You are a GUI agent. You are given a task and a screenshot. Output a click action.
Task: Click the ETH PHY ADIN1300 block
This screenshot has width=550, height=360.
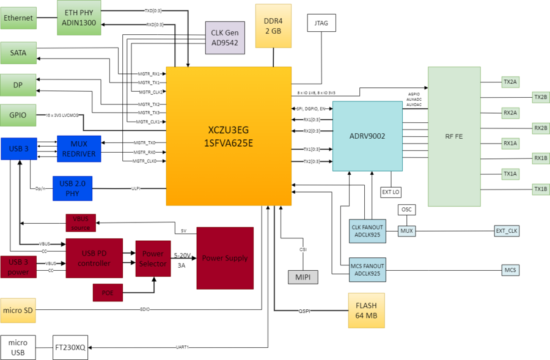pyautogui.click(x=79, y=18)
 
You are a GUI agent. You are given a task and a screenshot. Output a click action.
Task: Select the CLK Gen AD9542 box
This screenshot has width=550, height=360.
pyautogui.click(x=225, y=37)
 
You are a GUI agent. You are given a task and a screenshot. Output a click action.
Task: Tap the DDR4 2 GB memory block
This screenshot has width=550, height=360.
pyautogui.click(x=273, y=26)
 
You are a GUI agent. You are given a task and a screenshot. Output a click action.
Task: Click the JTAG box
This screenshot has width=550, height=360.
pyautogui.click(x=321, y=23)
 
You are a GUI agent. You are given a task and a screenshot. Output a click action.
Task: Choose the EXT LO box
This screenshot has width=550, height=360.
pyautogui.click(x=391, y=192)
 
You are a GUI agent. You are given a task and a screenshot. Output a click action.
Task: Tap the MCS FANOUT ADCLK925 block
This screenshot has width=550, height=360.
pyautogui.click(x=367, y=270)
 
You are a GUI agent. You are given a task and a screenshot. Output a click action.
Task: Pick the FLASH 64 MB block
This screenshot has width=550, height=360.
pyautogui.click(x=367, y=310)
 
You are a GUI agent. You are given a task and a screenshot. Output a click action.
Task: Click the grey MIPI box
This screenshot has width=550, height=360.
pyautogui.click(x=302, y=277)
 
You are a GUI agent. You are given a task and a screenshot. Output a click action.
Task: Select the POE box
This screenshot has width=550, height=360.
pyautogui.click(x=108, y=293)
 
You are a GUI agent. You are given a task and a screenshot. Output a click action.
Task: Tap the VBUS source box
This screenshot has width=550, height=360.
pyautogui.click(x=81, y=223)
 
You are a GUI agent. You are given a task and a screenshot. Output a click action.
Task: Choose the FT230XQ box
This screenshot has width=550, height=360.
pyautogui.click(x=70, y=348)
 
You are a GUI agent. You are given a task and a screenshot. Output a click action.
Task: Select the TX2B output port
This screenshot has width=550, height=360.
pyautogui.click(x=540, y=97)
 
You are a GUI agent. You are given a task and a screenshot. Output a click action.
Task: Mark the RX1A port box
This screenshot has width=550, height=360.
pyautogui.click(x=510, y=143)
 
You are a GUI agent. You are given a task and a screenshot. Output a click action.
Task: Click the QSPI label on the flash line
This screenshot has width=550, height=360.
pyautogui.click(x=304, y=311)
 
